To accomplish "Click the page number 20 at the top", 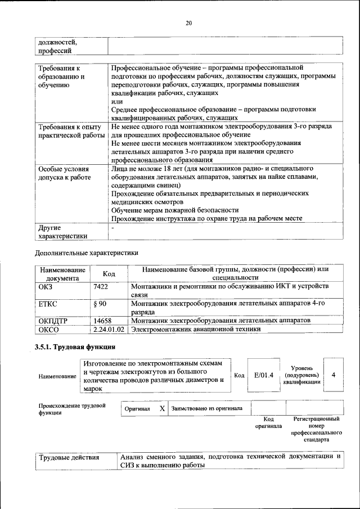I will click(x=188, y=23).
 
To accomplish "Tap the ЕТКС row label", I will click(x=48, y=304).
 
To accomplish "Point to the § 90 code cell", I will click(x=100, y=304).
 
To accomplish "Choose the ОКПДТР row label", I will click(x=53, y=321).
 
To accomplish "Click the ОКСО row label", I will click(x=48, y=330).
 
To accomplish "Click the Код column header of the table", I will click(x=109, y=274).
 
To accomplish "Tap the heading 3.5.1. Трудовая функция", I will click(x=75, y=346).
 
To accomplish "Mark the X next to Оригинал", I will click(x=162, y=408).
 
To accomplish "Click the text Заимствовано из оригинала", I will click(x=207, y=408).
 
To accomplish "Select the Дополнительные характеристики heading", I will click(x=87, y=253).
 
